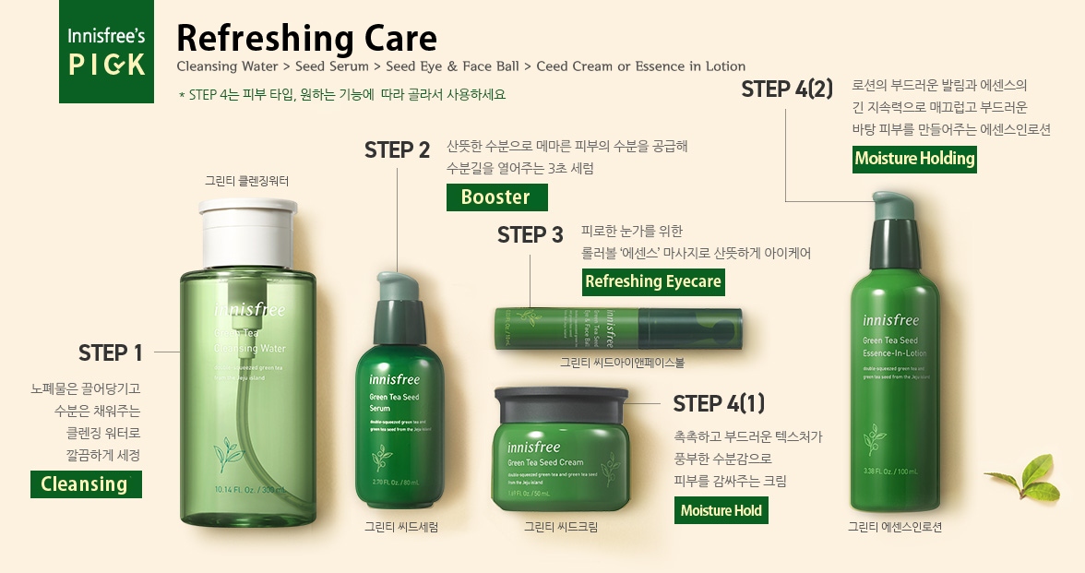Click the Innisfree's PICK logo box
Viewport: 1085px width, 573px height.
(106, 52)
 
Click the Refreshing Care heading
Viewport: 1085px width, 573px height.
(306, 38)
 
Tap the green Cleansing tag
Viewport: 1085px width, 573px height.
(86, 483)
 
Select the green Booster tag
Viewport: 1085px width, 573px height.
(496, 197)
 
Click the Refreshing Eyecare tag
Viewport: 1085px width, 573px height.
(653, 281)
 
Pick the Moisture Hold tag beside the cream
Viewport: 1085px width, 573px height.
(721, 510)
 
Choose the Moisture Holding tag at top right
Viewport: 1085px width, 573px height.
(914, 159)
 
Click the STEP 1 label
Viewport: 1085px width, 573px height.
(111, 352)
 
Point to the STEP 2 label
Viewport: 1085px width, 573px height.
(398, 149)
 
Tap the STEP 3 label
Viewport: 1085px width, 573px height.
(530, 234)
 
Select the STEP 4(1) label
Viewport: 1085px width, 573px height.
(719, 403)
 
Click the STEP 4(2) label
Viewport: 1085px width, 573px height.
(787, 89)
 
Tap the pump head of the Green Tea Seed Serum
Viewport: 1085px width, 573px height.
(399, 287)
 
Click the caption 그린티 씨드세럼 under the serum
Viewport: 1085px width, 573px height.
(400, 528)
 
